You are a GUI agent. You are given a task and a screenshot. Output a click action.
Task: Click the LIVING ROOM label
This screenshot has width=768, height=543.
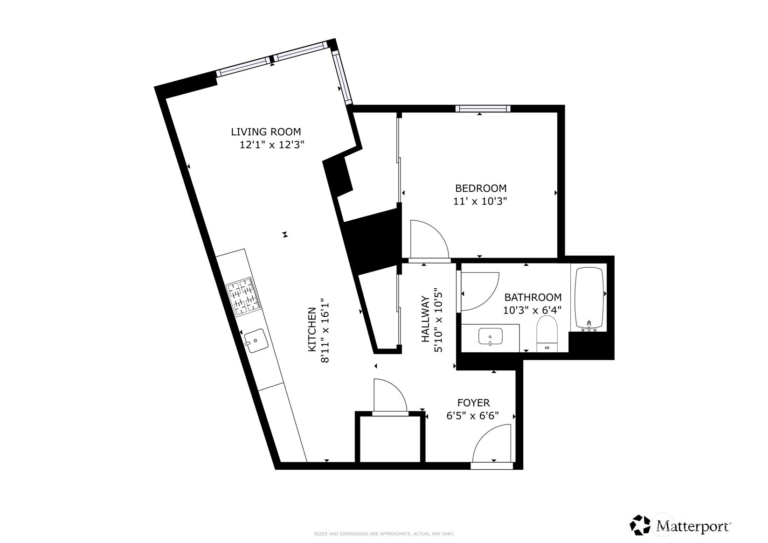click(266, 132)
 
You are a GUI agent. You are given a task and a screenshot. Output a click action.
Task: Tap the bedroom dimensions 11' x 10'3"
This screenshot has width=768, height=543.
click(480, 202)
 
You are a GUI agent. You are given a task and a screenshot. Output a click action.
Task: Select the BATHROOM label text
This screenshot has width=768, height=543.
click(533, 297)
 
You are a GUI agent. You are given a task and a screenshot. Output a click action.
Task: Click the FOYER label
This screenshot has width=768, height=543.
click(473, 403)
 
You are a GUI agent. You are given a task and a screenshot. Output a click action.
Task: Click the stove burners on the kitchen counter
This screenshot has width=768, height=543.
click(243, 297)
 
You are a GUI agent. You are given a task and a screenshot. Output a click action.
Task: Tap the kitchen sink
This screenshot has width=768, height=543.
click(256, 341)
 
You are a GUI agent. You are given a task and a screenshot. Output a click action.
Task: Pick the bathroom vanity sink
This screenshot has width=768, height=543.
click(490, 336)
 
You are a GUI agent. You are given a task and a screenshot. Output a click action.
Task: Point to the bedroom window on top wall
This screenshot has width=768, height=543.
click(483, 109)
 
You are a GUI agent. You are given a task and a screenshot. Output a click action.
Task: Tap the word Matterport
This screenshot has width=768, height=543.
click(693, 526)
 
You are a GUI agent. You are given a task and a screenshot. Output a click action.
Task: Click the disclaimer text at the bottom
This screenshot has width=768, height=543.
click(384, 534)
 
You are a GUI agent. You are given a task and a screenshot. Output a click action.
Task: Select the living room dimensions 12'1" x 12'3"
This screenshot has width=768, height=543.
click(272, 145)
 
